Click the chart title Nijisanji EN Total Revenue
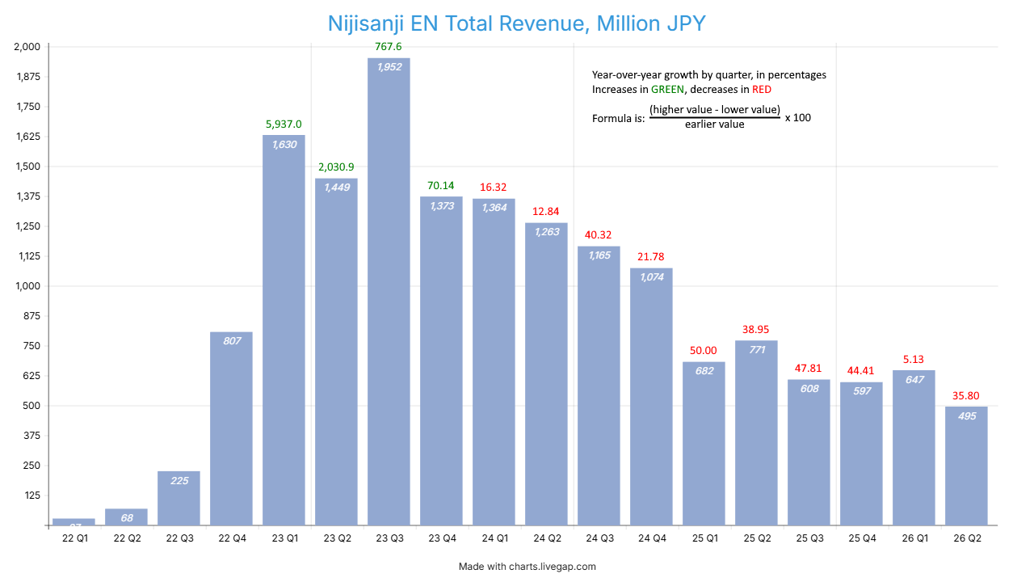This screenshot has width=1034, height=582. coord(517,23)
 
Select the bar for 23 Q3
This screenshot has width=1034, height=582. coord(389,291)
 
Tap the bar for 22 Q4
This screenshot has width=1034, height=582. coord(231,428)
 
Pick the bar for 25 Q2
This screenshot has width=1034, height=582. coord(756,432)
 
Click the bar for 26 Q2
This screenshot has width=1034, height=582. coord(966,466)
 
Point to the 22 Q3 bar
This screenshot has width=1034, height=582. coord(179,498)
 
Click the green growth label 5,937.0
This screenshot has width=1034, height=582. coord(284,124)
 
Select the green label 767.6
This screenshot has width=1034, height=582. coord(389,47)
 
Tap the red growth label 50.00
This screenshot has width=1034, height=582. coord(704,351)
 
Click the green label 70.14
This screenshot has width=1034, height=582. coord(441,186)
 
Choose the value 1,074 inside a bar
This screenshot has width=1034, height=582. coord(651,277)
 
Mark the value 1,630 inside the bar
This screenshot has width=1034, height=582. coord(284,145)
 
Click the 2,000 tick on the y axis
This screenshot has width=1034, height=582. coord(27,47)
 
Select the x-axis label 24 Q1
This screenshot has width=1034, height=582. coord(494,538)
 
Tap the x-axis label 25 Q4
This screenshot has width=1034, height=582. coord(861,538)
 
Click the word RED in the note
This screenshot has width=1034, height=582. coord(761,90)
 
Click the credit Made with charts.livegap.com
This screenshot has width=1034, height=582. coord(527,567)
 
